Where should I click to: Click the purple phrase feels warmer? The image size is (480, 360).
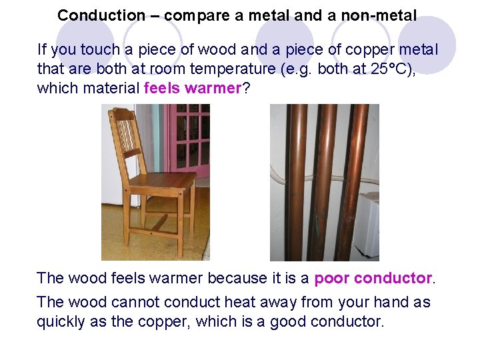tap(191, 88)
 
